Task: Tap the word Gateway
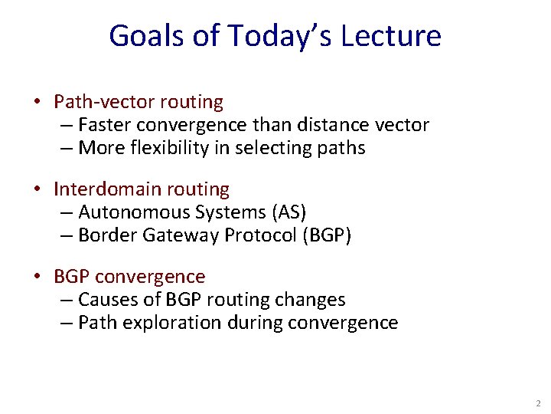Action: [179, 235]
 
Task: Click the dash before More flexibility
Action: [67, 148]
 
